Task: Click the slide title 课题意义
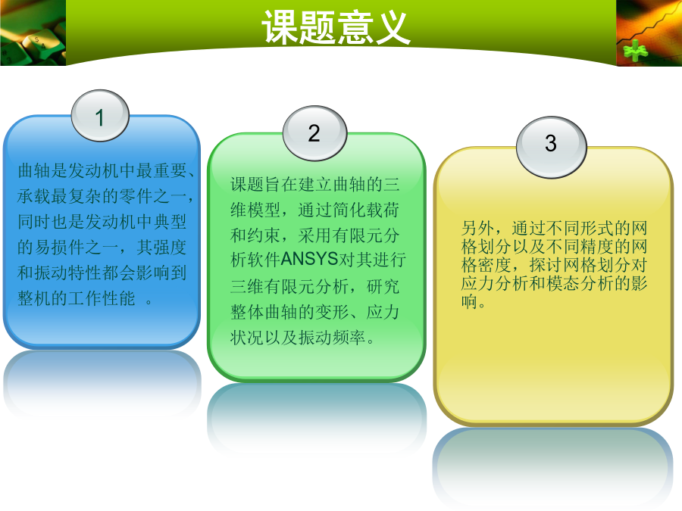tap(336, 27)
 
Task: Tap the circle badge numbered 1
tap(100, 116)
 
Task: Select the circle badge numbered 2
tap(314, 133)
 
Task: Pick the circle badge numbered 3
tap(551, 147)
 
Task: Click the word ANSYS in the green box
tap(309, 259)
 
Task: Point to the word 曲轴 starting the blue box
tap(34, 170)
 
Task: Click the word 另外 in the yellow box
tap(477, 228)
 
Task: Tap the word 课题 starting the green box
tap(247, 184)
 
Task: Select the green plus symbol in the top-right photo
tap(635, 51)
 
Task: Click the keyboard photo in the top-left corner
tap(33, 33)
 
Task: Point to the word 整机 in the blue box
tap(34, 298)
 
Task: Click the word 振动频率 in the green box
tap(332, 337)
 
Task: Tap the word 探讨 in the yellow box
tap(546, 265)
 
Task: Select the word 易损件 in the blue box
tap(60, 248)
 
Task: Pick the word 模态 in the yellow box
tap(563, 283)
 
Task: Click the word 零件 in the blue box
tap(136, 196)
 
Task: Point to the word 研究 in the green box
tap(383, 286)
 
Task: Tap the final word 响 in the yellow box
tap(469, 301)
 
